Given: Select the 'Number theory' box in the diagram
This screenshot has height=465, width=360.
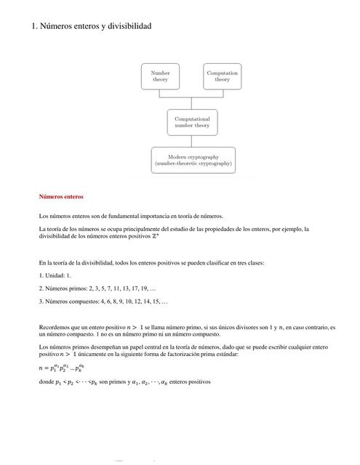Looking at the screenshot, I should [x=160, y=76].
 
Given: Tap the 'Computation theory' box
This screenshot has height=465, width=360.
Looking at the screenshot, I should [x=222, y=76].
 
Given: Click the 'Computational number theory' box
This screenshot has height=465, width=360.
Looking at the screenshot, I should [x=192, y=121].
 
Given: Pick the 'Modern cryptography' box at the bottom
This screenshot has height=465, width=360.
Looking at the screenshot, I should [x=193, y=161].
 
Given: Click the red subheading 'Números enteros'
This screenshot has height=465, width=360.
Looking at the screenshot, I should [x=62, y=197].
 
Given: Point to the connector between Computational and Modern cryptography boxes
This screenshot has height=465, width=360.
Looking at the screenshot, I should [x=192, y=140].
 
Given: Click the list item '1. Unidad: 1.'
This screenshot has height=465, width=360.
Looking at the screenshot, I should [x=55, y=276].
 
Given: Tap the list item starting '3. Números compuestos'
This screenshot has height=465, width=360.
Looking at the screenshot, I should [x=103, y=301].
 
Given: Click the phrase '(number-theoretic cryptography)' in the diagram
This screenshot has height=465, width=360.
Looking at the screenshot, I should [x=193, y=165].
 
